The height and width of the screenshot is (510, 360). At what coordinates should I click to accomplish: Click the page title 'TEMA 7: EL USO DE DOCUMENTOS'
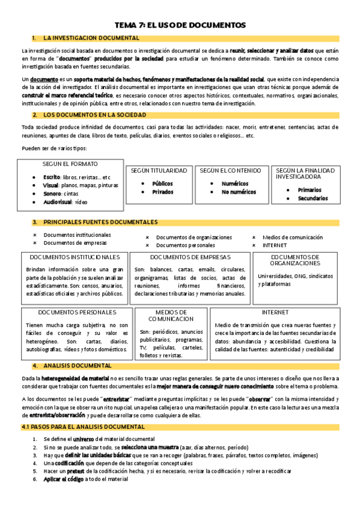tap(180, 25)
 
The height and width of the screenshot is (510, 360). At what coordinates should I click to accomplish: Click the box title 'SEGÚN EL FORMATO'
tap(70, 164)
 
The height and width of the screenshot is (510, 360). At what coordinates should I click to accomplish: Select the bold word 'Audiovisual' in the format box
tap(59, 203)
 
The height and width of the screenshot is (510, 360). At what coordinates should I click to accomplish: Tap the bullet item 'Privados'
tap(163, 192)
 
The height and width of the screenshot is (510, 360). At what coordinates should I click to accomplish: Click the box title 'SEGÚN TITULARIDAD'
tap(159, 171)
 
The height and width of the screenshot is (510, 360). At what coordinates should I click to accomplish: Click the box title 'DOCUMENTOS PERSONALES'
tap(77, 312)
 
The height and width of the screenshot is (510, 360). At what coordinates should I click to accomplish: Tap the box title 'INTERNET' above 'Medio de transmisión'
tap(275, 312)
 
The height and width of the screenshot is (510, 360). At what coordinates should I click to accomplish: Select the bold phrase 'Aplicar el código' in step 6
tap(63, 479)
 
